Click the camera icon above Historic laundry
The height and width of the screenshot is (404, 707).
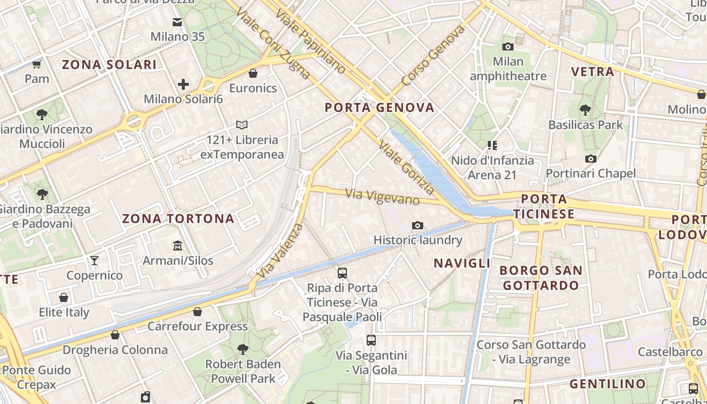418,225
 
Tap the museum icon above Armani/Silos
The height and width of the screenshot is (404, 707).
178,246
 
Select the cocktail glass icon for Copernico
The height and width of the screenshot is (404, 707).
94,261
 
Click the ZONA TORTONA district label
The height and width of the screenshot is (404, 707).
178,219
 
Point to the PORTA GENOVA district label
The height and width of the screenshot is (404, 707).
379,107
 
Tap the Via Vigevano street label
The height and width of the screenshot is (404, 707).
382,196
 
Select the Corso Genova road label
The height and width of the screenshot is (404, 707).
433,56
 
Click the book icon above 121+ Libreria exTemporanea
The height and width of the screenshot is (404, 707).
242,125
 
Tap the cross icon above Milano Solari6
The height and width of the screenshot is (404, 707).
183,84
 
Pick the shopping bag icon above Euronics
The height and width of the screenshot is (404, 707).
253,74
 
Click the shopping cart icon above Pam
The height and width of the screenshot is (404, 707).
36,64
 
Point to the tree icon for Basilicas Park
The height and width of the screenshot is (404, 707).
585,110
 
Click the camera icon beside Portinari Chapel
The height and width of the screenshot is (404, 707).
590,159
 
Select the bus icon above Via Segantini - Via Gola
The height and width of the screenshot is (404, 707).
371,340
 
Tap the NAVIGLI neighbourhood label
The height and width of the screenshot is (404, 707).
462,263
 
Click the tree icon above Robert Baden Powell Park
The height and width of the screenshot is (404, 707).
243,349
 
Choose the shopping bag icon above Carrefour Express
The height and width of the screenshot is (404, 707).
197,312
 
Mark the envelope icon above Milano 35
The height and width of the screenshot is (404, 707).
177,22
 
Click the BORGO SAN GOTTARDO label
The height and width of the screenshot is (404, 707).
541,278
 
